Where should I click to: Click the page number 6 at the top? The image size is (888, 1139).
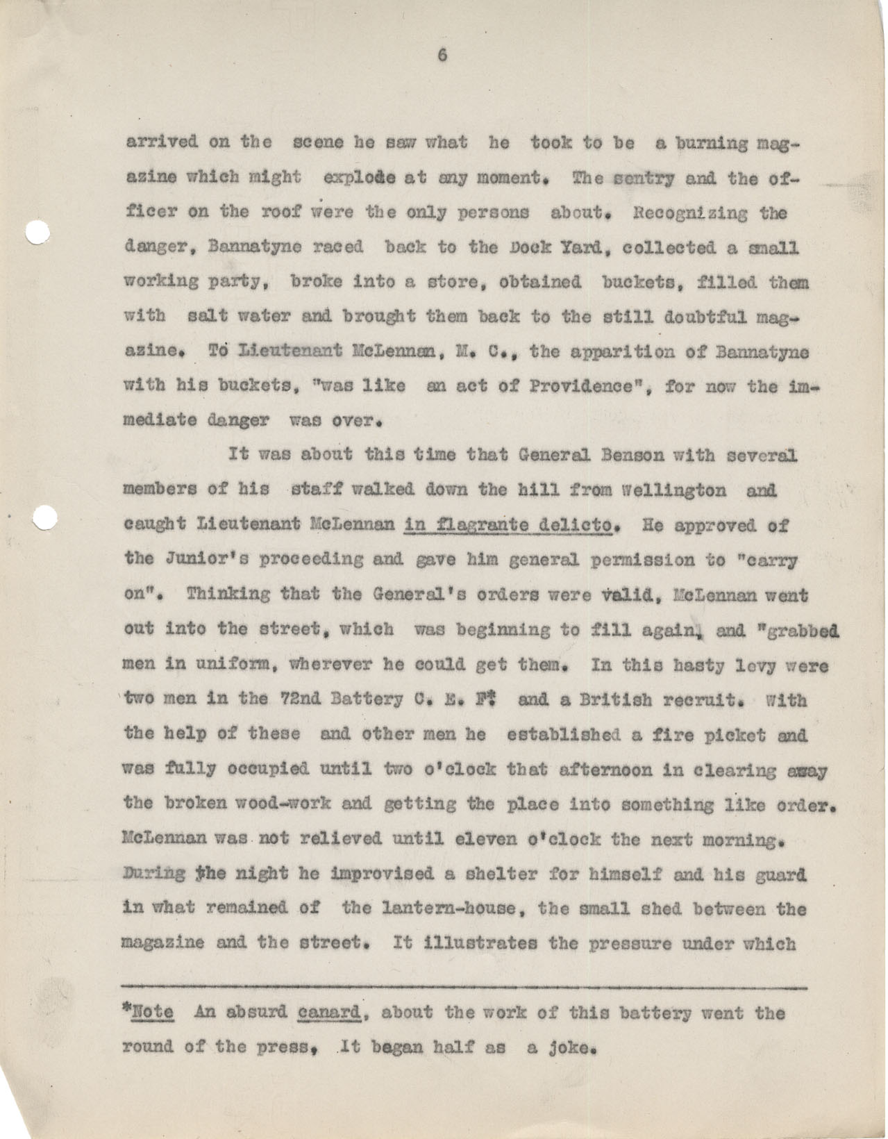click(441, 57)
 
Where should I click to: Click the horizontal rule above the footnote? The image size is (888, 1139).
click(464, 987)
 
